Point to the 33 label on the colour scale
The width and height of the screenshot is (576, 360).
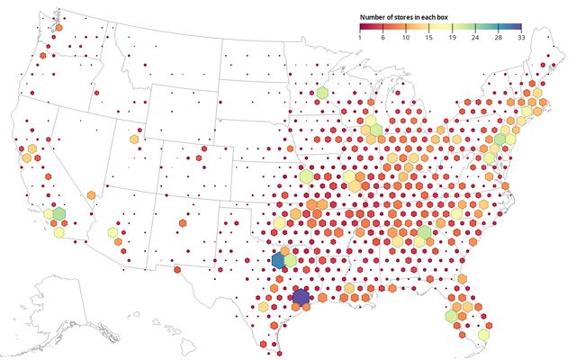tap(521, 37)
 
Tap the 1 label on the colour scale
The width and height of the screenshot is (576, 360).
tap(360, 37)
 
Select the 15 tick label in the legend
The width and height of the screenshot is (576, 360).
tap(430, 37)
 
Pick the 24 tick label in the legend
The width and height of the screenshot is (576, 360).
tap(477, 37)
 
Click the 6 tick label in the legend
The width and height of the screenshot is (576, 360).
tap(383, 37)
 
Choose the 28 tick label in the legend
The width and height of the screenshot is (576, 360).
tap(498, 37)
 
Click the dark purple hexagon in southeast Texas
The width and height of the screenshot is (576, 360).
tap(301, 297)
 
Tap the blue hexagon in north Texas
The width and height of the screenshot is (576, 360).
tap(278, 261)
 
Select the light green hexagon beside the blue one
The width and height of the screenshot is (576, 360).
tap(290, 261)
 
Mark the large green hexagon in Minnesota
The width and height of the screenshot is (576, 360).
tap(322, 93)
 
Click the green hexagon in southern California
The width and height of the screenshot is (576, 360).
tap(59, 214)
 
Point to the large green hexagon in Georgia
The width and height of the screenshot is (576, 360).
tap(424, 233)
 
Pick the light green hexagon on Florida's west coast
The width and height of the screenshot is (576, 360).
tap(452, 316)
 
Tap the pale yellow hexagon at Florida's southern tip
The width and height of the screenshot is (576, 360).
tap(482, 335)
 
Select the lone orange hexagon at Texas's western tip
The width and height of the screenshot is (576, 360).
tap(178, 269)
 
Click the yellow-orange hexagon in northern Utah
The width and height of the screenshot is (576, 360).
tap(135, 139)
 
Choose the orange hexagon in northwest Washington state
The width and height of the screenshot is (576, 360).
tap(58, 28)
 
